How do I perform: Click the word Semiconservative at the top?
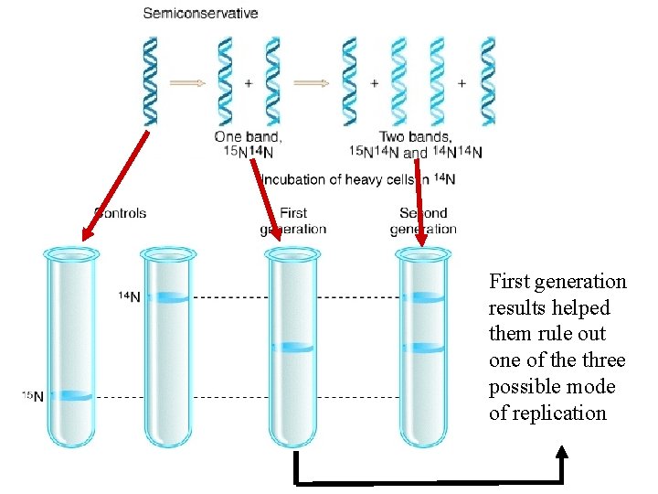coord(200,14)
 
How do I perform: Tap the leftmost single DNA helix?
coord(151,81)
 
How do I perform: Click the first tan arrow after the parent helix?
coord(189,82)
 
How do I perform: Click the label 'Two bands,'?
coord(417,137)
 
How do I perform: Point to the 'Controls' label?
coord(121,213)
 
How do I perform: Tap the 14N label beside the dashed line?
coord(129,296)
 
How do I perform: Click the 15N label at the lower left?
coord(33,396)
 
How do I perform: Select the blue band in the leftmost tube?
coord(69,396)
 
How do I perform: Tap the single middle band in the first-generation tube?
coord(293,348)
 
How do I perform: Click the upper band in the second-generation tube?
coord(422,297)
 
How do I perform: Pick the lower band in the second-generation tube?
coord(422,348)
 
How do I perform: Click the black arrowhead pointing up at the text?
coord(562,451)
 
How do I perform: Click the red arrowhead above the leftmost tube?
coord(85,236)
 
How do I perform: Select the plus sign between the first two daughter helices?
coord(249,82)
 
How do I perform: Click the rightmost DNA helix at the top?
coord(488,81)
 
